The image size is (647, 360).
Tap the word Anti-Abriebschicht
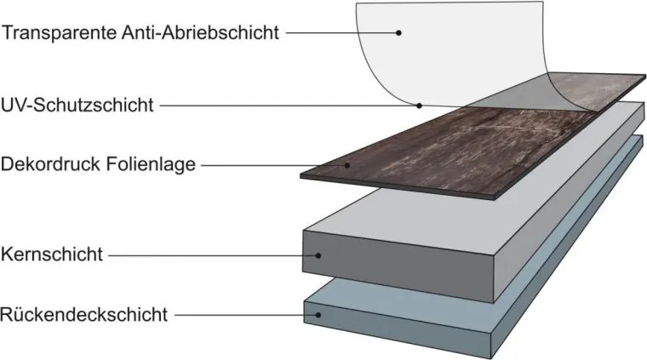(201, 32)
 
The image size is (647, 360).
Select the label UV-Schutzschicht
(77, 106)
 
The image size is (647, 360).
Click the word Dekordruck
(51, 163)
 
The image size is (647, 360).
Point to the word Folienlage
(151, 163)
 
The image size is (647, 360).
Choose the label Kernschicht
(52, 254)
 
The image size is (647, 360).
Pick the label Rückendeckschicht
(83, 315)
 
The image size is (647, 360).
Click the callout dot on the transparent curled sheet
(398, 32)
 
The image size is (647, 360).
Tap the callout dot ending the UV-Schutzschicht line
(419, 106)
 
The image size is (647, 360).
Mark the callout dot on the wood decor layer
(347, 165)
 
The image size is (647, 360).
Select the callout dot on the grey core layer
(318, 255)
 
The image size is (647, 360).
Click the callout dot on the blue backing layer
(318, 315)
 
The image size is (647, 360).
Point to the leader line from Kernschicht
(214, 255)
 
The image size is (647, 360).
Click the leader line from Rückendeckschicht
(246, 316)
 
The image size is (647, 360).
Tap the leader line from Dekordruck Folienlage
(274, 166)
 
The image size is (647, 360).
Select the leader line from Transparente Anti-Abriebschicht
(342, 32)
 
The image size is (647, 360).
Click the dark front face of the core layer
(398, 266)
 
